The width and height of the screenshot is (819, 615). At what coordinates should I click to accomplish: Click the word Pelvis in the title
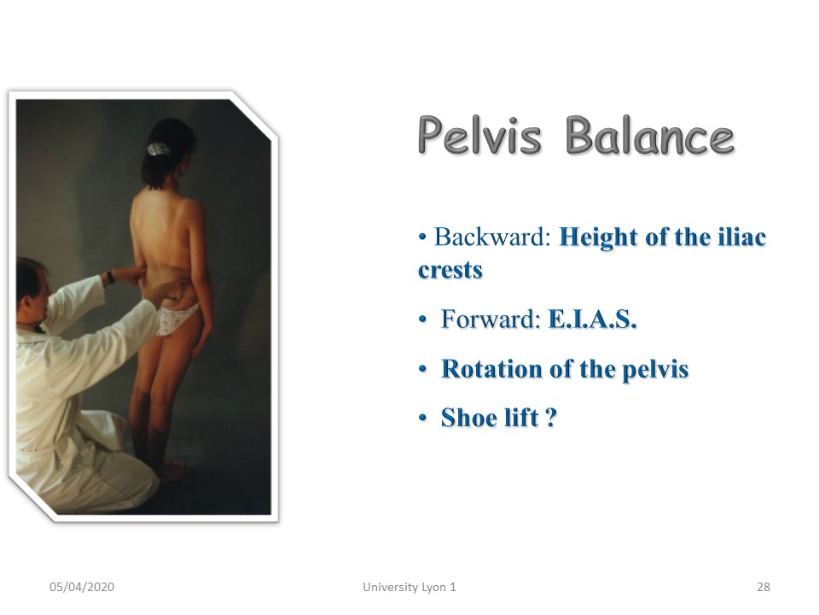(479, 136)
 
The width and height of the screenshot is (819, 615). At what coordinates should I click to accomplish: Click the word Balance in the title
(650, 136)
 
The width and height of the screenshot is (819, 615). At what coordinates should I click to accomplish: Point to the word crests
(450, 271)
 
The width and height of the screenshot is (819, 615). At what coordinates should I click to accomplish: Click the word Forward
(490, 319)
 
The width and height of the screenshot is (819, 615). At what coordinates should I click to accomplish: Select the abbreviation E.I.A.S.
(592, 319)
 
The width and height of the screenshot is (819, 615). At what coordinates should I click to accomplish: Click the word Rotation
(491, 369)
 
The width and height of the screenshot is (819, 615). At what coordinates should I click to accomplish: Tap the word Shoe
(466, 418)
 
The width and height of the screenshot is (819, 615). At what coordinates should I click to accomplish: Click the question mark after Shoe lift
(551, 418)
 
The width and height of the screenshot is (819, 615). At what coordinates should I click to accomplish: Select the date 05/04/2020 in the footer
(82, 587)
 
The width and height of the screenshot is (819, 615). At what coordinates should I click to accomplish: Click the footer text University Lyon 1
(409, 587)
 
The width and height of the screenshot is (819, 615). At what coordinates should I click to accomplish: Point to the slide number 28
(763, 587)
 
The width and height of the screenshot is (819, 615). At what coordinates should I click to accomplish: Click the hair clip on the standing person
(158, 149)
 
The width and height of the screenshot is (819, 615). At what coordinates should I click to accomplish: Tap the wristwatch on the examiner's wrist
(110, 277)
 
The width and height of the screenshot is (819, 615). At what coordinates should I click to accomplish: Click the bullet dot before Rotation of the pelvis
(422, 370)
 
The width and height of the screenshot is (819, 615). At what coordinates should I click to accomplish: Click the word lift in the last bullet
(518, 418)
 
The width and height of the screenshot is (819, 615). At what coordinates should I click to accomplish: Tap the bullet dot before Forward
(422, 319)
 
